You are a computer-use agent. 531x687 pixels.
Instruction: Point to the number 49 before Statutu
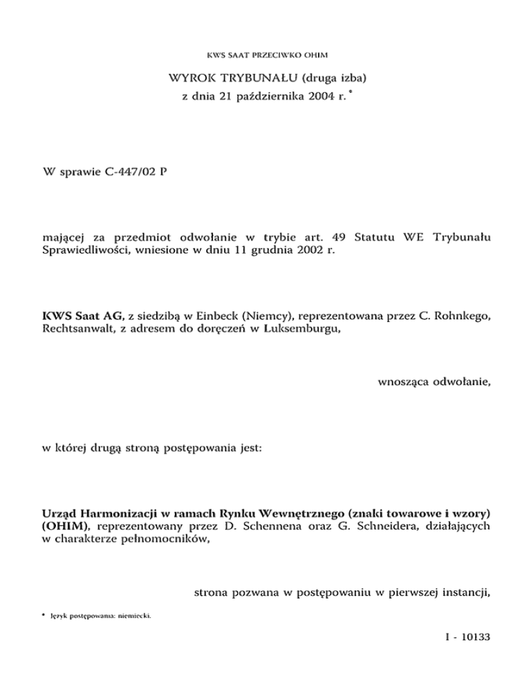click(x=336, y=237)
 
